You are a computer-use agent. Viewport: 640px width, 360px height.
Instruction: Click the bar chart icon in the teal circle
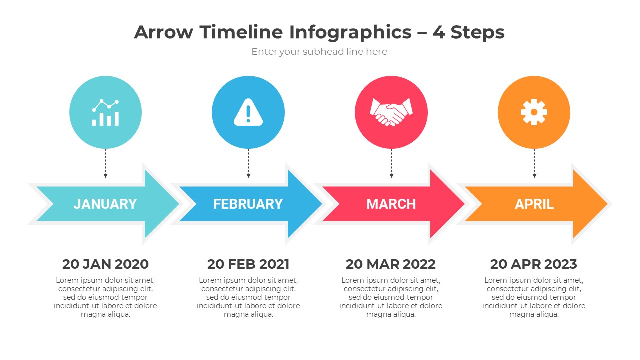pyautogui.click(x=105, y=113)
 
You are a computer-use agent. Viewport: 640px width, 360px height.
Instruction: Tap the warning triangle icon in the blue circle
pyautogui.click(x=248, y=112)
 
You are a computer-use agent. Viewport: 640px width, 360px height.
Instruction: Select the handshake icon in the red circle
pyautogui.click(x=391, y=112)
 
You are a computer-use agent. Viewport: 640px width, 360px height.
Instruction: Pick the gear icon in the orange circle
pyautogui.click(x=534, y=112)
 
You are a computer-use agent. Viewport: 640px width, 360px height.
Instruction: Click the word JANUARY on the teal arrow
pyautogui.click(x=105, y=204)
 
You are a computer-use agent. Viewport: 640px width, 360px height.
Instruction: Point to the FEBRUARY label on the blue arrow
pyautogui.click(x=248, y=204)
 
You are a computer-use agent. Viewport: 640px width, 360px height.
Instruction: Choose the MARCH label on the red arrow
pyautogui.click(x=391, y=204)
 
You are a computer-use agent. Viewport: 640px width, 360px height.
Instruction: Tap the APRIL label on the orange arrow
pyautogui.click(x=534, y=204)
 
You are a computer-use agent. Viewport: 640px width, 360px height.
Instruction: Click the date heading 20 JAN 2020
pyautogui.click(x=105, y=264)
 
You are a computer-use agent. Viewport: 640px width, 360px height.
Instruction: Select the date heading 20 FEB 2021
pyautogui.click(x=248, y=264)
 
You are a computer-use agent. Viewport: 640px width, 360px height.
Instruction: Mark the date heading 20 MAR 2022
pyautogui.click(x=391, y=264)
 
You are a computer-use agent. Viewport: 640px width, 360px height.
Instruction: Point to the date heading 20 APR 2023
pyautogui.click(x=533, y=264)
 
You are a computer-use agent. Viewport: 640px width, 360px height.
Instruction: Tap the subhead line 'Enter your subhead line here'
pyautogui.click(x=319, y=52)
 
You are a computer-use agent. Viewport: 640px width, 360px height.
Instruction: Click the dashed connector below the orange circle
pyautogui.click(x=534, y=162)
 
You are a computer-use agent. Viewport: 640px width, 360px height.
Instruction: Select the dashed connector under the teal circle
pyautogui.click(x=105, y=162)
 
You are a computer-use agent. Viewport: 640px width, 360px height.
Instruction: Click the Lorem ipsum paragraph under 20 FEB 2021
pyautogui.click(x=248, y=297)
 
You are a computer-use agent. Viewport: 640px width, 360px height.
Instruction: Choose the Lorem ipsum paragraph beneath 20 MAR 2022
pyautogui.click(x=391, y=297)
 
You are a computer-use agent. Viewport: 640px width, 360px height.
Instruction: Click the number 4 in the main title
pyautogui.click(x=438, y=32)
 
